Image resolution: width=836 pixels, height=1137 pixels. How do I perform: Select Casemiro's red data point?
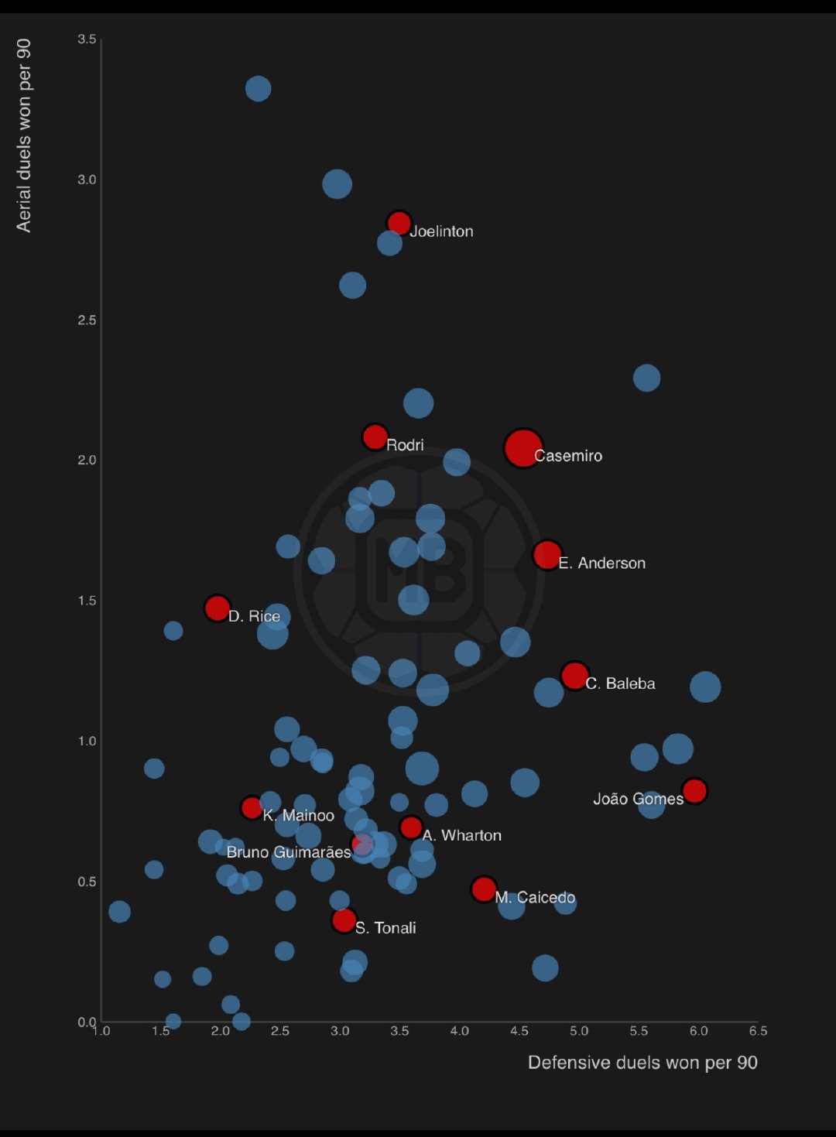tap(522, 448)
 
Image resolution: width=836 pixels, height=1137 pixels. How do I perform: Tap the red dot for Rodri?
tap(375, 437)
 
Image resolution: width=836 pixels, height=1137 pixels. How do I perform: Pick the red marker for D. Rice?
tap(218, 608)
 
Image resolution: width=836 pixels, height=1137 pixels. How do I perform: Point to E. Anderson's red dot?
tap(547, 554)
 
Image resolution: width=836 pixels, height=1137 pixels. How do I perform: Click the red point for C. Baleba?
tap(574, 676)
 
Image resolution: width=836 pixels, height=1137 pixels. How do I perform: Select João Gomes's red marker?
tap(694, 791)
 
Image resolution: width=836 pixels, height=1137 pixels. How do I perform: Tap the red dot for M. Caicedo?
tap(484, 889)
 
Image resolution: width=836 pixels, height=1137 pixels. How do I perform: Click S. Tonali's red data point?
tap(344, 920)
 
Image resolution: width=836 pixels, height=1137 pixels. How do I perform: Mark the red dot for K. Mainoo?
tap(252, 808)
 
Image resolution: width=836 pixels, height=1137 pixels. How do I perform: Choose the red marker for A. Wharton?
tap(411, 827)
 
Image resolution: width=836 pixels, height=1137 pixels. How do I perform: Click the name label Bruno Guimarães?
tap(289, 852)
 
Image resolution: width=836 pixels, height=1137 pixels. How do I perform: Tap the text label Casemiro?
tap(568, 456)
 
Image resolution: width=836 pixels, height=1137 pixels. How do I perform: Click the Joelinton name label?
tap(441, 231)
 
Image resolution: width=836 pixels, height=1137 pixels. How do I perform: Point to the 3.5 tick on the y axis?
tap(87, 39)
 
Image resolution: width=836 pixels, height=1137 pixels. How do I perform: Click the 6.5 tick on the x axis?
tap(758, 1031)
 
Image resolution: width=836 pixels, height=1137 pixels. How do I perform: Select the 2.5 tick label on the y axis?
tap(87, 320)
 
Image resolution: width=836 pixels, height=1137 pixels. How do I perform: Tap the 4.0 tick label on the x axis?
tap(459, 1031)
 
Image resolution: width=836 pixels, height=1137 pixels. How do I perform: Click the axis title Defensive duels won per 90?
tap(642, 1063)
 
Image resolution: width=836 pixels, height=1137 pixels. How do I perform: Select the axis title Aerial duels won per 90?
tap(24, 135)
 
